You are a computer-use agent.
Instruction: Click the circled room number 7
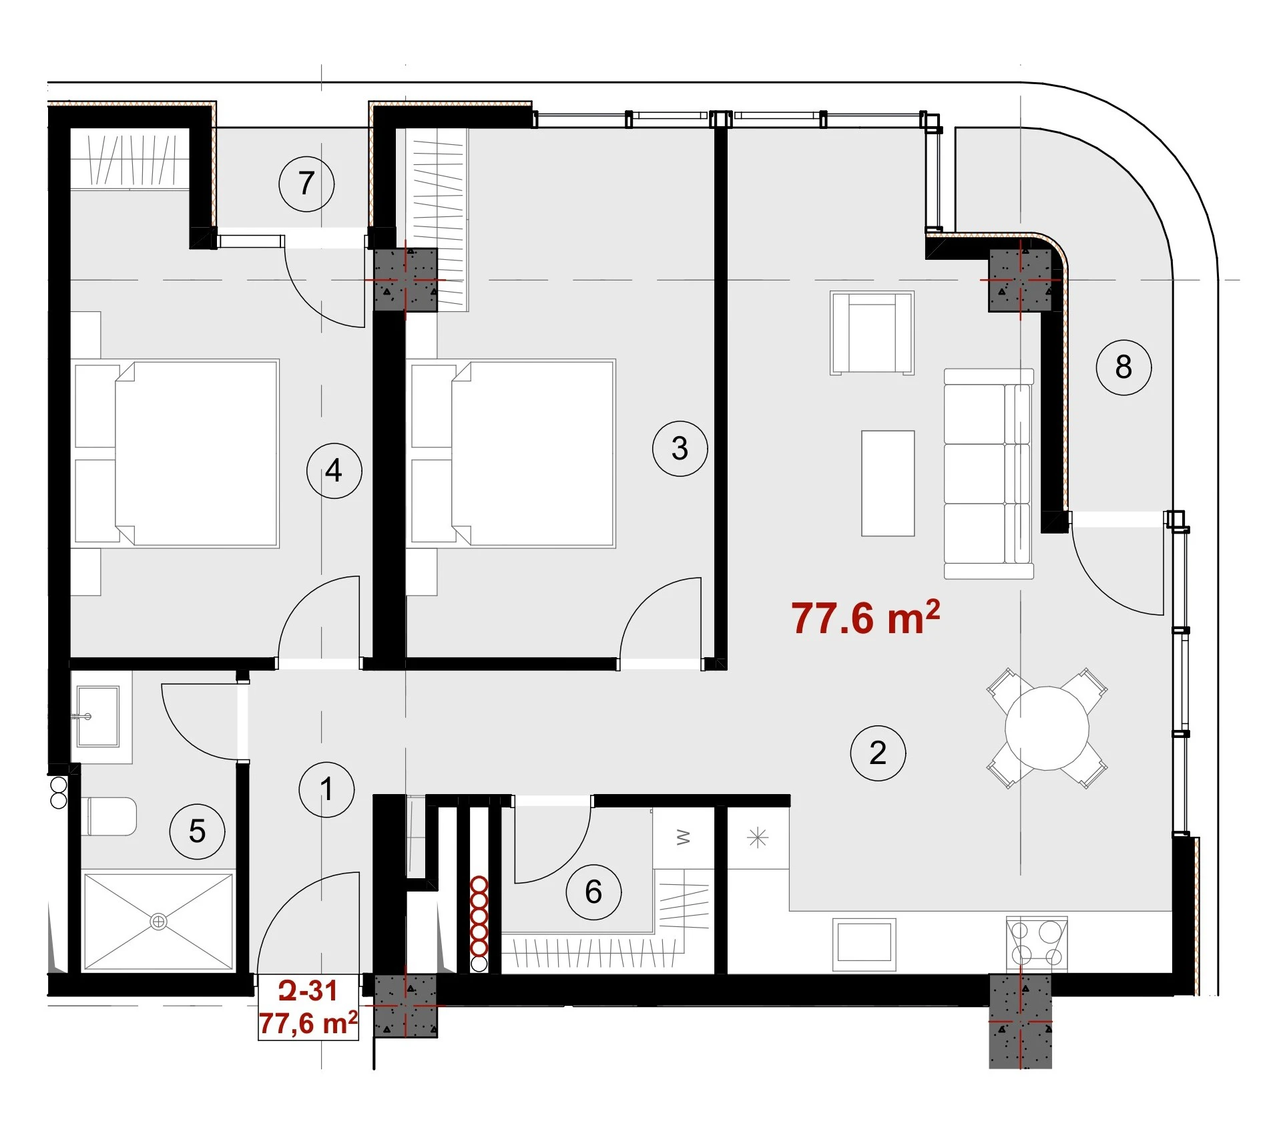pyautogui.click(x=306, y=184)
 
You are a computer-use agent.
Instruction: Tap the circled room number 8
pyautogui.click(x=1123, y=367)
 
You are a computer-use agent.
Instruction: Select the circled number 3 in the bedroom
pyautogui.click(x=680, y=448)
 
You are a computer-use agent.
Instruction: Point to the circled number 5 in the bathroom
pyautogui.click(x=197, y=831)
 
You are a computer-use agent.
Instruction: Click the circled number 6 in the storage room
pyautogui.click(x=593, y=892)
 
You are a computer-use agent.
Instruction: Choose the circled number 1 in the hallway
pyautogui.click(x=326, y=789)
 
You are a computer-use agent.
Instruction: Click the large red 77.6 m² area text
pyautogui.click(x=866, y=618)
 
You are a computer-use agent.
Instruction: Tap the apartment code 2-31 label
pyautogui.click(x=308, y=990)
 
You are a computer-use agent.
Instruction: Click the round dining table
pyautogui.click(x=1047, y=728)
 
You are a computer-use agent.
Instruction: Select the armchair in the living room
pyautogui.click(x=872, y=333)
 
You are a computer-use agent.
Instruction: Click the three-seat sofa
pyautogui.click(x=989, y=474)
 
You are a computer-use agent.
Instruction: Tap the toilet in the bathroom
pyautogui.click(x=111, y=816)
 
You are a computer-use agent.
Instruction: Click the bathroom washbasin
pyautogui.click(x=97, y=716)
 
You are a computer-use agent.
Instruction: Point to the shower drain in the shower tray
pyautogui.click(x=158, y=922)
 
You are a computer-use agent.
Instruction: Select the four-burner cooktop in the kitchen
pyautogui.click(x=1036, y=942)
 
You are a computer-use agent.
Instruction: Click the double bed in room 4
pyautogui.click(x=176, y=453)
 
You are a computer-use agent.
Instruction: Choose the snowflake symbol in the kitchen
pyautogui.click(x=758, y=837)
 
